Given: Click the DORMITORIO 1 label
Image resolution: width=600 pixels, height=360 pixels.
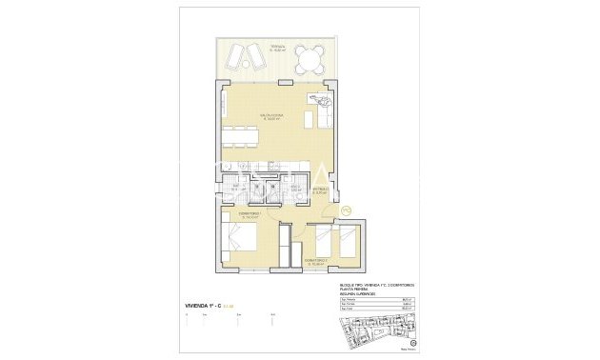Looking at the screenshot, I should pyautogui.click(x=250, y=215).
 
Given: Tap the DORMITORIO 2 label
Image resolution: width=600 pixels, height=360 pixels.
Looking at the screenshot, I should pyautogui.click(x=316, y=260).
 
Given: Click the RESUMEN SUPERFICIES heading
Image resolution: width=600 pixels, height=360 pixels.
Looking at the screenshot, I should pyautogui.click(x=360, y=295).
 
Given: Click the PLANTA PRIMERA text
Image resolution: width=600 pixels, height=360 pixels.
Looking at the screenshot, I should pyautogui.click(x=353, y=290).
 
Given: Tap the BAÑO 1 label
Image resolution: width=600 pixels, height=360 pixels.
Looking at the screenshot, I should pyautogui.click(x=235, y=187).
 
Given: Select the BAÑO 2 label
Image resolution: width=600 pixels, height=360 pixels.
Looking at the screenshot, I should pyautogui.click(x=295, y=187).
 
